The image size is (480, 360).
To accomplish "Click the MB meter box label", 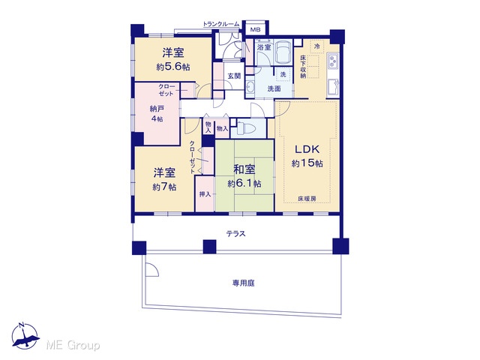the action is tap(255, 30).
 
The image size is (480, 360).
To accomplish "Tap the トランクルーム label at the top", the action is tap(221, 24).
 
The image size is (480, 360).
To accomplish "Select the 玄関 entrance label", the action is tap(234, 76).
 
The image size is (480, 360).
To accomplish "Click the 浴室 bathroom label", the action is tap(264, 47).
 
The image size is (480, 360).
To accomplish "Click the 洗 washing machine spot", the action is tap(283, 74).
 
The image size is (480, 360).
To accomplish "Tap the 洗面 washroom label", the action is tap(274, 88).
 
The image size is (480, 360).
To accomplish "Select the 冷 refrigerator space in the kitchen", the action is tap(316, 46).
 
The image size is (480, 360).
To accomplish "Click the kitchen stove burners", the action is tap(332, 62).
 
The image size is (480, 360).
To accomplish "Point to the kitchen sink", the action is tap(332, 88).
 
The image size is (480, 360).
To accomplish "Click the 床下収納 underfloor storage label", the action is tap(303, 67).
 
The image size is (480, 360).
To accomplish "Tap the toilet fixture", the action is tap(244, 127).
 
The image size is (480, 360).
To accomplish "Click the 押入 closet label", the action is tap(205, 194).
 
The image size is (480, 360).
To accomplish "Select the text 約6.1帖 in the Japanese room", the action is tap(244, 184).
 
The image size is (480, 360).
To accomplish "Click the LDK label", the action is tap(307, 149).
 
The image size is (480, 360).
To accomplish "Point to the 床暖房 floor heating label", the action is tap(307, 199).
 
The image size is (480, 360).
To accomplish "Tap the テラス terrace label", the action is tap(236, 234).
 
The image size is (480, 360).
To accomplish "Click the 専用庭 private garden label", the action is tap(243, 283).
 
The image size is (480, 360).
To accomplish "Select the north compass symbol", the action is tap(25, 335).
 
